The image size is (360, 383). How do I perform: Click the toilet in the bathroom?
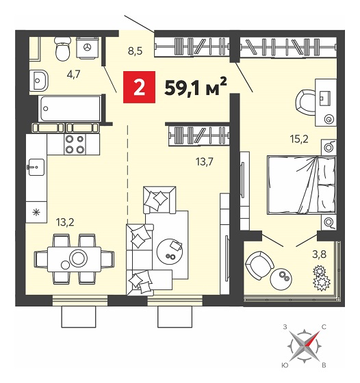[62, 49]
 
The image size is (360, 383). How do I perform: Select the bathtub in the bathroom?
[70, 109]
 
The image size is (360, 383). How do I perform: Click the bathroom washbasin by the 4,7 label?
[39, 80]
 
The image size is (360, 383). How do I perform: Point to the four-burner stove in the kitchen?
[75, 144]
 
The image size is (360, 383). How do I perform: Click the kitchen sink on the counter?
[36, 167]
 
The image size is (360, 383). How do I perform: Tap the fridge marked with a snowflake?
[36, 212]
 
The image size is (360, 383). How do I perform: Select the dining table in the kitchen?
[75, 259]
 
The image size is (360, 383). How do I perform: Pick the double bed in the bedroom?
[301, 185]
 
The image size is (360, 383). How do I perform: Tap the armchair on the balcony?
[259, 265]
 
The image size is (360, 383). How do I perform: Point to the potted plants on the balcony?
[322, 278]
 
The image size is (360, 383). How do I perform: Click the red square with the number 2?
[139, 87]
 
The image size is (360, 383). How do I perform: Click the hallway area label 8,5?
[135, 51]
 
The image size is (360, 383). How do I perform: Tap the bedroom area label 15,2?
[299, 139]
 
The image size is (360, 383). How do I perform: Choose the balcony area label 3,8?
[319, 254]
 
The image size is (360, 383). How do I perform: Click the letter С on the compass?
[324, 327]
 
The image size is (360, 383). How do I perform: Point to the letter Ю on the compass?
[284, 365]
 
